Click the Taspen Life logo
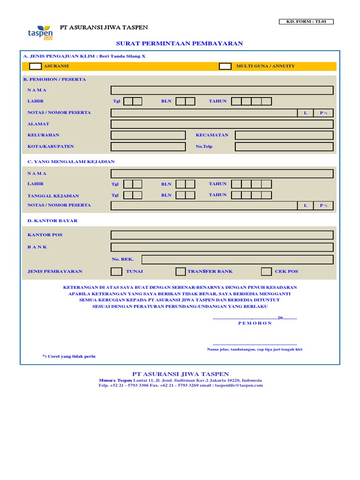pyautogui.click(x=40, y=32)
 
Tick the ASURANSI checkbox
pyautogui.click(x=35, y=66)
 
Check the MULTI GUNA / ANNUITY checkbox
pyautogui.click(x=225, y=66)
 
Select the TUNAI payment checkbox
pyautogui.click(x=116, y=271)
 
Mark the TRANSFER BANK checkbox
pyautogui.click(x=180, y=271)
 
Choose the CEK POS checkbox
pyautogui.click(x=266, y=271)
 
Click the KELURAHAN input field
pyautogui.click(x=148, y=135)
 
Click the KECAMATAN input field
pyautogui.click(x=284, y=135)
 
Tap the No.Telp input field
pyautogui.click(x=284, y=147)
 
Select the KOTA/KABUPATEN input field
pyautogui.click(x=148, y=147)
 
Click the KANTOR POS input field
pyautogui.click(x=222, y=235)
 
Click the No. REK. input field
pyautogui.click(x=238, y=260)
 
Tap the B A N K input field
pyautogui.click(x=222, y=247)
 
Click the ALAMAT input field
pyautogui.click(x=222, y=124)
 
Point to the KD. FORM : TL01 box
pyautogui.click(x=306, y=22)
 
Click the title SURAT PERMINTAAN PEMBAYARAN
pyautogui.click(x=180, y=44)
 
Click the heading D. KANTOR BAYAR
pyautogui.click(x=52, y=221)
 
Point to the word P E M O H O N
pyautogui.click(x=255, y=323)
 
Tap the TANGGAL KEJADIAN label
pyautogui.click(x=53, y=196)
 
